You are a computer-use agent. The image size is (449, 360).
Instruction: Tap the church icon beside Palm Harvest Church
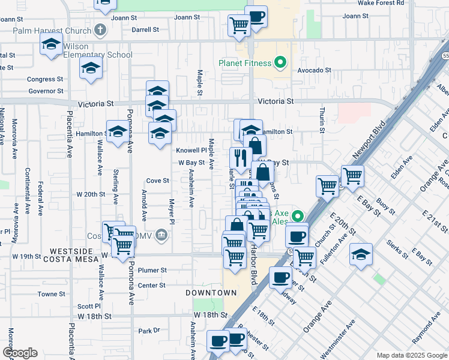[x=100, y=29]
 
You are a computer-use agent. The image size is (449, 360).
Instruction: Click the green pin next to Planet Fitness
[x=279, y=62]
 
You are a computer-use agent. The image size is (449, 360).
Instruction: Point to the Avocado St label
[x=315, y=70]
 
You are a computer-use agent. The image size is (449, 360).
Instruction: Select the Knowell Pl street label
[x=191, y=150]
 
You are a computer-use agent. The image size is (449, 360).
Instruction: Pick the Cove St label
[x=158, y=181]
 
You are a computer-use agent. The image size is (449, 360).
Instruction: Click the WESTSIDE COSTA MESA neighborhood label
[x=70, y=254]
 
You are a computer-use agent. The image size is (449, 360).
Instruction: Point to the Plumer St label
[x=151, y=271]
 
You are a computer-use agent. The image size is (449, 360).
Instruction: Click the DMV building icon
[x=161, y=235]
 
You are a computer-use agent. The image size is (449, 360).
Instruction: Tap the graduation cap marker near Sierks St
[x=361, y=254]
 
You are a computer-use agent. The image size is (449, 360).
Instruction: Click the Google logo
[x=20, y=352]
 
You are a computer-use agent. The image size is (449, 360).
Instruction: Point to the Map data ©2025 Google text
[x=411, y=355]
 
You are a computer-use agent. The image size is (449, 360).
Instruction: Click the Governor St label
[x=45, y=91]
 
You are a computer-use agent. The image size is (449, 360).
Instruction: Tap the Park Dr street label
[x=149, y=331]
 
